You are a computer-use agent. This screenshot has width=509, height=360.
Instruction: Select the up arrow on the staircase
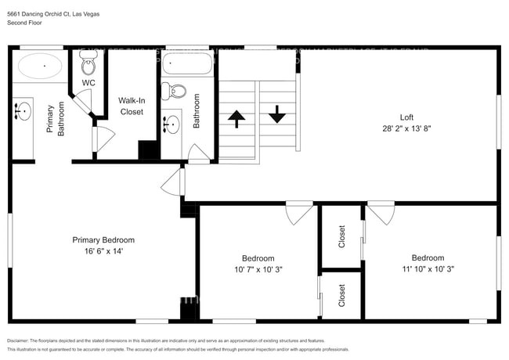coord(236,119)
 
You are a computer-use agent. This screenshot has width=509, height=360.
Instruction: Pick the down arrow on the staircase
coord(276,115)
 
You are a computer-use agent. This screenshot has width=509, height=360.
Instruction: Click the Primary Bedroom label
coord(103,240)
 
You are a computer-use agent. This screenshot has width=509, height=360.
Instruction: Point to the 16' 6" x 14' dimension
coord(103,251)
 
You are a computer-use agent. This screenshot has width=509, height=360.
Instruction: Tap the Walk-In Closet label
coord(131,106)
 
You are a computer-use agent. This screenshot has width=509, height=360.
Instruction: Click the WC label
coord(88,82)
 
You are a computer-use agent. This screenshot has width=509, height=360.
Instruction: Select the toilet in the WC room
coord(88,64)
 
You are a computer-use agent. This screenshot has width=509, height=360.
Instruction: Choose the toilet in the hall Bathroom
coord(174,91)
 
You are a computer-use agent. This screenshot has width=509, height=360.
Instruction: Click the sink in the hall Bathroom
coord(171,124)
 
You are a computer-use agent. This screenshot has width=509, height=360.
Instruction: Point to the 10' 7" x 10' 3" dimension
coord(258,269)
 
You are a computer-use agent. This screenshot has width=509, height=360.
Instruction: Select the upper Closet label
coord(341,237)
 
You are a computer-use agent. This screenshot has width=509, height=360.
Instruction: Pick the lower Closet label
coord(341,295)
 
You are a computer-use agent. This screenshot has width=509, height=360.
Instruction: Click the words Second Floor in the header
coord(23,23)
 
